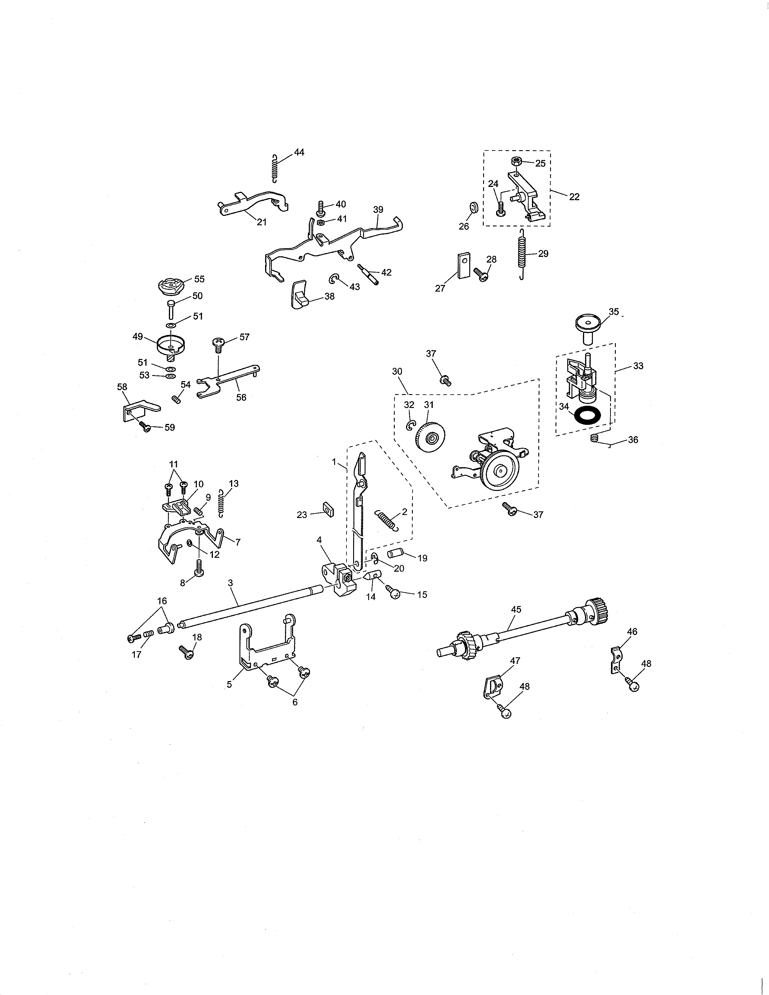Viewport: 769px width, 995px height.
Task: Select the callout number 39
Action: click(x=378, y=210)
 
